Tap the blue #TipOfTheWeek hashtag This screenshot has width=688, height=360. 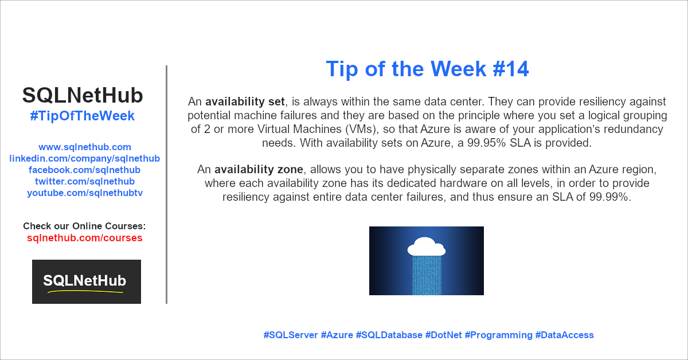click(83, 116)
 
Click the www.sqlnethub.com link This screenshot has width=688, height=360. click(85, 147)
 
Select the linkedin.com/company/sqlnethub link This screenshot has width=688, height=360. click(84, 158)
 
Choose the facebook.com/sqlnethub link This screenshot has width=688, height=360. click(84, 170)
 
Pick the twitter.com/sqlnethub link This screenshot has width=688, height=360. click(85, 181)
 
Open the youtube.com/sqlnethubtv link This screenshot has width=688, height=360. click(85, 193)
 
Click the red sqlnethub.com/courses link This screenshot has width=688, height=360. click(84, 238)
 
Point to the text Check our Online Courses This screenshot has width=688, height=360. click(84, 226)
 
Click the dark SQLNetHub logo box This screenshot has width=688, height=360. click(87, 281)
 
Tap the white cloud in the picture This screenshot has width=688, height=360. click(427, 246)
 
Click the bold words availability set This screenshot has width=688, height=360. click(245, 101)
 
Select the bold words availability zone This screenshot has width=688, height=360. click(259, 169)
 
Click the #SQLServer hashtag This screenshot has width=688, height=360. click(291, 335)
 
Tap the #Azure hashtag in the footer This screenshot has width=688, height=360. click(337, 335)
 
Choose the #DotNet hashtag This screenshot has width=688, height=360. click(444, 335)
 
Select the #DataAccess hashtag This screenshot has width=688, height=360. click(565, 335)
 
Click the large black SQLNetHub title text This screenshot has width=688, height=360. click(83, 95)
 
